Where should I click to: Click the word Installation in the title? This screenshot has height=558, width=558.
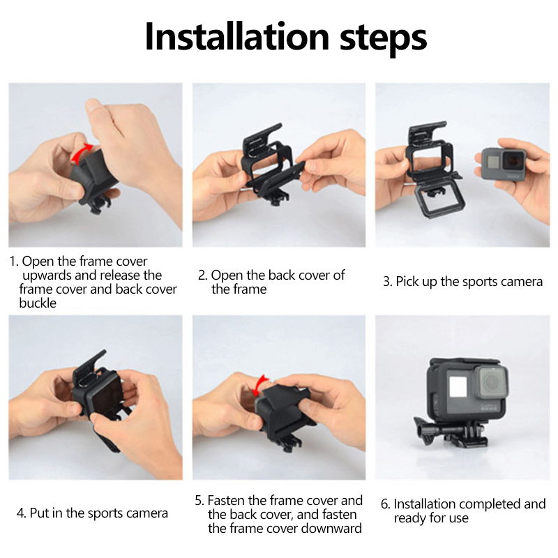click(237, 38)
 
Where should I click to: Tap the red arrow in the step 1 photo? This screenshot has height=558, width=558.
click(81, 152)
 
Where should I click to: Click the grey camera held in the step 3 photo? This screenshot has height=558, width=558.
click(504, 164)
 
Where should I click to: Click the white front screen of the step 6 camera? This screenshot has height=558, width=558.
click(458, 386)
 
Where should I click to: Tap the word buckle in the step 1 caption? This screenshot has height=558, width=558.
click(38, 303)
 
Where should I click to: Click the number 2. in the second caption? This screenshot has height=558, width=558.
click(202, 275)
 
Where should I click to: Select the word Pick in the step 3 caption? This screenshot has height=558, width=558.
click(407, 282)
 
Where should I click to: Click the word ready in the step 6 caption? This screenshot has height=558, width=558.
click(410, 518)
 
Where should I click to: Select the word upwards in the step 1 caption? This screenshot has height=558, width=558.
click(47, 276)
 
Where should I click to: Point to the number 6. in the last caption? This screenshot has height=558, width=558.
click(386, 504)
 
